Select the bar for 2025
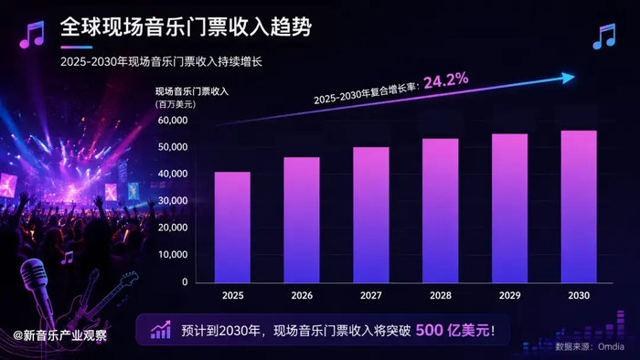coord(232,228)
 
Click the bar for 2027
coord(371,215)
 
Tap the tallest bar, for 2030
coord(579,206)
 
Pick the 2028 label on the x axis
coord(441,295)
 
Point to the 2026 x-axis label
coord(302,295)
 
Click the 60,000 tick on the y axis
coord(173,121)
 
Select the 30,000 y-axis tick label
coord(173,201)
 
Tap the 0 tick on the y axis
coord(185,281)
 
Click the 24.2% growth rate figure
coord(446,80)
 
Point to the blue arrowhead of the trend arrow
coord(568,78)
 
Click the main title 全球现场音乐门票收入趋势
coord(186,27)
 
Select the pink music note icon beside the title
coord(32,35)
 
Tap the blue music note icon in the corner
coord(604,37)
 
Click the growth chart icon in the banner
coord(160,330)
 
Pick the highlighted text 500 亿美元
coord(453,330)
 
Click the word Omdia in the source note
coord(611,346)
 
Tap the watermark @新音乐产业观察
coord(60,335)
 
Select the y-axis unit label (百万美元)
coord(176,104)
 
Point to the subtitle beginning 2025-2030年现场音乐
coord(161,62)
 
